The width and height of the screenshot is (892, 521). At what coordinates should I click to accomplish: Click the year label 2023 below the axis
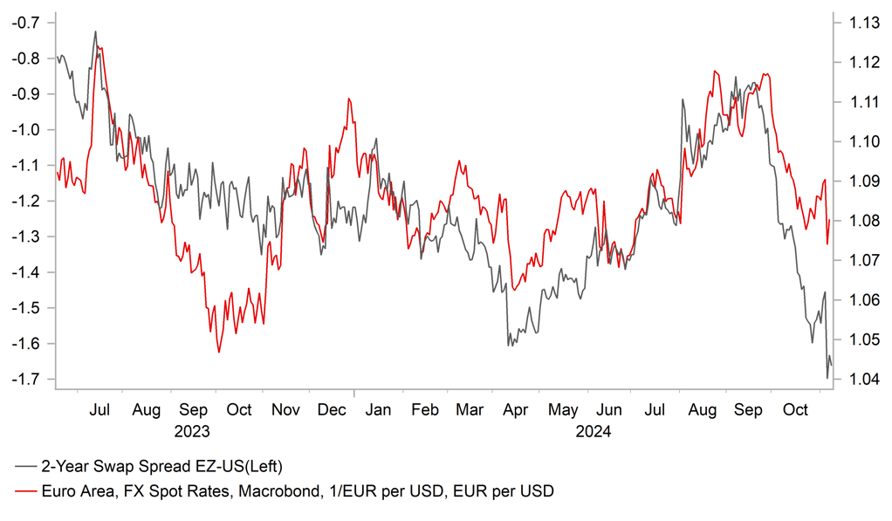(x=192, y=430)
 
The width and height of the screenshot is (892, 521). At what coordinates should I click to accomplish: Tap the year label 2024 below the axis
(x=593, y=430)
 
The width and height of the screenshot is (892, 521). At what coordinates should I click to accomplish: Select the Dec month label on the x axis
(x=332, y=409)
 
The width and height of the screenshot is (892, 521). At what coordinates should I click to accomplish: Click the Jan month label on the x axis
(x=378, y=409)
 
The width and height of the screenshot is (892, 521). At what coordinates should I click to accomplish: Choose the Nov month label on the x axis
(x=285, y=409)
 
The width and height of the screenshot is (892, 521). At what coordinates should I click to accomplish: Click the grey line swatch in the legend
(x=26, y=464)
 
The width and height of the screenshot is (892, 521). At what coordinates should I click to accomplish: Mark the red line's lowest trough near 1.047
(x=218, y=353)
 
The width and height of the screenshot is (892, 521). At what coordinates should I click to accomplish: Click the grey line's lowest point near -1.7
(x=827, y=378)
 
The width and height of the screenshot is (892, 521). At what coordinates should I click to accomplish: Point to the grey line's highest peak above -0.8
(x=95, y=31)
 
